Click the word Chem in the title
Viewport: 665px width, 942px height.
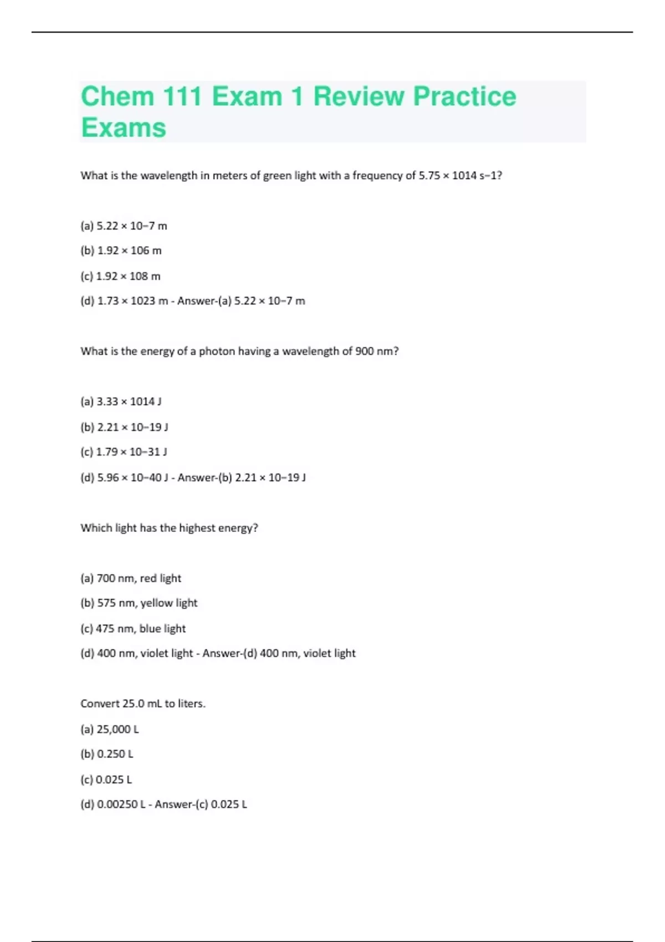click(117, 96)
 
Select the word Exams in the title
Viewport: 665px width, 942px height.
click(124, 128)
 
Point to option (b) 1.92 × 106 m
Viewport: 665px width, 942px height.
click(121, 250)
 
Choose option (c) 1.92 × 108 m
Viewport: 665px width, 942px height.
click(120, 276)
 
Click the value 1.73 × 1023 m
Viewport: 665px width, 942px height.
click(132, 301)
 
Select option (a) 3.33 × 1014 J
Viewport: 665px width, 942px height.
click(121, 402)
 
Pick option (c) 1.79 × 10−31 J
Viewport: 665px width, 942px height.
click(124, 452)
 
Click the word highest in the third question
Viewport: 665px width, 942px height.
click(197, 528)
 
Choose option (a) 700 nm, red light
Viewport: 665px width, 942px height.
click(131, 578)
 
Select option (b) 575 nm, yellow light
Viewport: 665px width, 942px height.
click(139, 603)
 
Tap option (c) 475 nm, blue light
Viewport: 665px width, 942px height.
click(133, 629)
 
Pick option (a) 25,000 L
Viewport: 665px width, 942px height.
click(110, 729)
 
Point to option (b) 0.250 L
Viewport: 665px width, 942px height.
click(107, 754)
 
